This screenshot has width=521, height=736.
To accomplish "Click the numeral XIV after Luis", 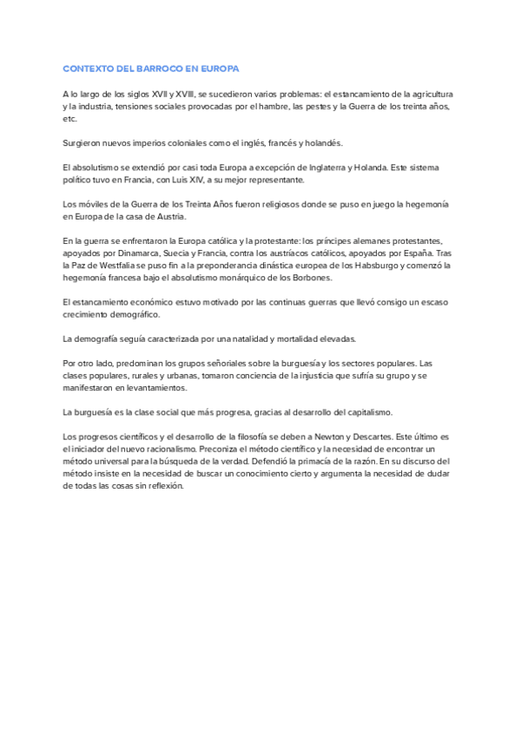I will click(187, 179).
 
